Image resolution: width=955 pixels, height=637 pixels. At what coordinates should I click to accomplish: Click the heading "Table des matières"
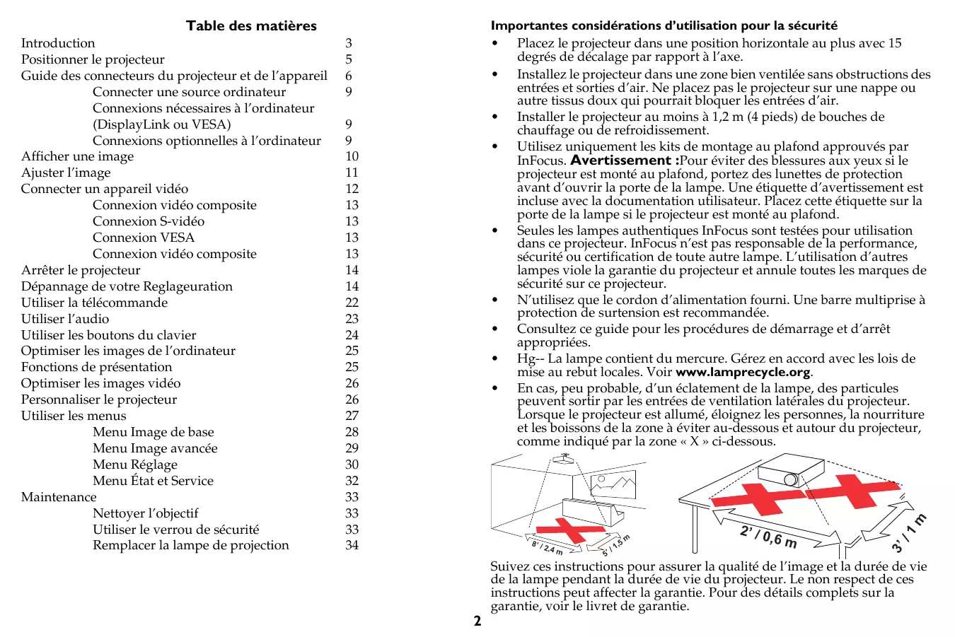click(x=251, y=26)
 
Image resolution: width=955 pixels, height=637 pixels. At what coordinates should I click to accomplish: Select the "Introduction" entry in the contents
click(x=58, y=44)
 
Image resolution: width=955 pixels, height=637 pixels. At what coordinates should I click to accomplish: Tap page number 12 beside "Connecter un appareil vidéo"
click(x=352, y=189)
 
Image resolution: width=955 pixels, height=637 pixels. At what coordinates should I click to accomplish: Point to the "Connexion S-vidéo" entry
click(x=149, y=222)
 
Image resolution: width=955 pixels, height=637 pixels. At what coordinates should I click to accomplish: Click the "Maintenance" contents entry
click(x=59, y=498)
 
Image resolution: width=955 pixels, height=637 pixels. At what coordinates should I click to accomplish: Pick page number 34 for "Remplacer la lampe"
click(x=352, y=546)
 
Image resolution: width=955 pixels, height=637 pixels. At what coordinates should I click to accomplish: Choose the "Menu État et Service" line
click(x=153, y=481)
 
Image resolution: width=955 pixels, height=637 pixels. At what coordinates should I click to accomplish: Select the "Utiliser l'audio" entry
click(x=65, y=320)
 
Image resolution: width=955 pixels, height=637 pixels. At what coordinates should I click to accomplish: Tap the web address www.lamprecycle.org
click(x=743, y=373)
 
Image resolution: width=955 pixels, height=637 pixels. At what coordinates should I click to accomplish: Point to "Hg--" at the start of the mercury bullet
click(x=531, y=359)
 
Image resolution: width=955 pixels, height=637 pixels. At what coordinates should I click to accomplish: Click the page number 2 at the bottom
click(x=477, y=621)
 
